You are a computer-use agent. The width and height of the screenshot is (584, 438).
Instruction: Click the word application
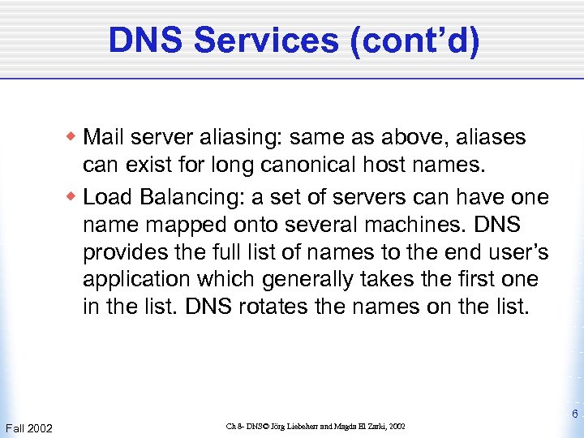[128, 279]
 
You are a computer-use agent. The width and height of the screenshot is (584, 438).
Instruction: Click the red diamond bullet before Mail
[72, 135]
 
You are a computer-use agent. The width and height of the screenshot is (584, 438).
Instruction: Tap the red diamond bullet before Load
[72, 195]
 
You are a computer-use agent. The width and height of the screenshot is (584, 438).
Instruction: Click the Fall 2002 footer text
[28, 427]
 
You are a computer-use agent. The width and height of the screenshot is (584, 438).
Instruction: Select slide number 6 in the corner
[573, 414]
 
